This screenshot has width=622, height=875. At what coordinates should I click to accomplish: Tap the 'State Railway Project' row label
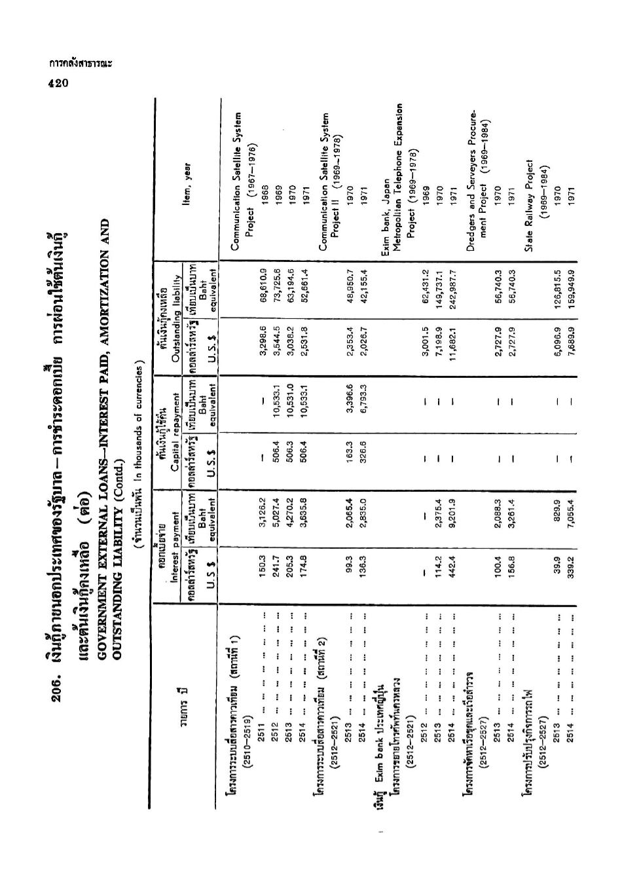tap(530, 203)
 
